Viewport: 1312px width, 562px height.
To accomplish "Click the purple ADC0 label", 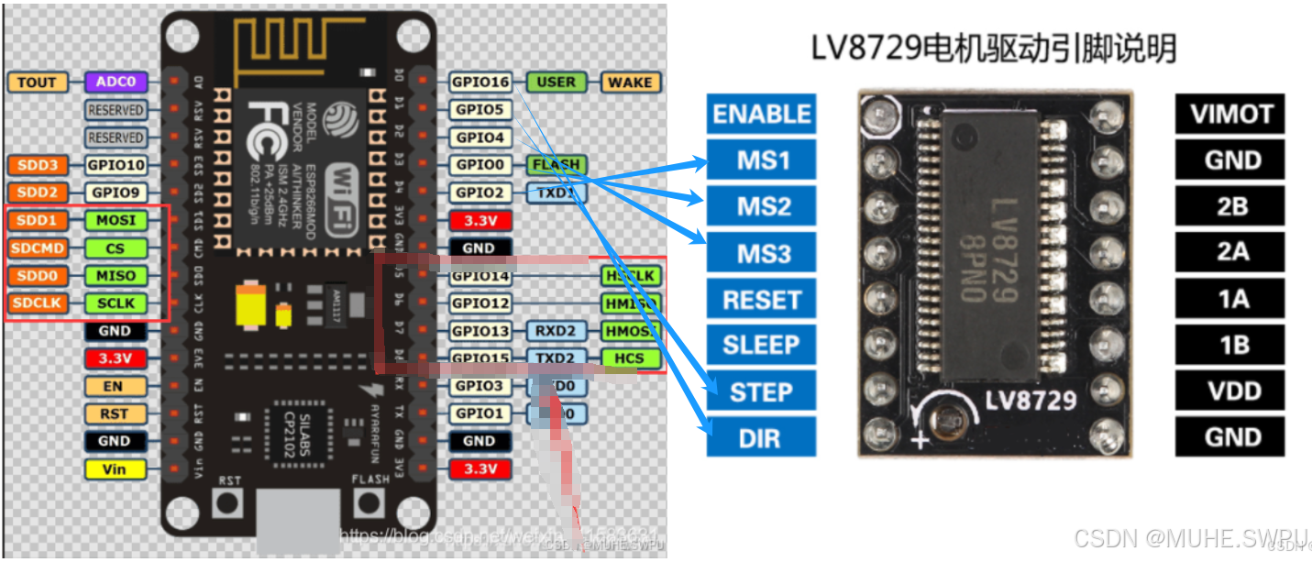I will click(x=116, y=83).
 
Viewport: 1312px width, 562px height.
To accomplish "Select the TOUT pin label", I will click(x=37, y=83).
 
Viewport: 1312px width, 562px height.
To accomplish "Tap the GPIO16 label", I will click(x=480, y=83).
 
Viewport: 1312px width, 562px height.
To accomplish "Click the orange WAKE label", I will click(x=630, y=83).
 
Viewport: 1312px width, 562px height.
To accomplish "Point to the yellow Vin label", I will click(x=115, y=469).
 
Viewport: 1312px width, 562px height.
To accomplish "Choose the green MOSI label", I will click(x=116, y=221).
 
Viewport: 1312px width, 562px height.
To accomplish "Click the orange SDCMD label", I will click(x=37, y=248).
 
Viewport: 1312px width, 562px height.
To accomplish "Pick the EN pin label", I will click(x=115, y=386).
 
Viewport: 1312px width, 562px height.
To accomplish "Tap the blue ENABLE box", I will click(x=761, y=115).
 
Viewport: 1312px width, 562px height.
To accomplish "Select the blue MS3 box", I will click(x=761, y=253).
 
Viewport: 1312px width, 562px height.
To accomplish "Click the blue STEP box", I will click(x=761, y=392).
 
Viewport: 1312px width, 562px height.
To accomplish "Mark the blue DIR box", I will click(x=761, y=438).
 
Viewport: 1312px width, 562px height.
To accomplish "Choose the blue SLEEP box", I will click(x=761, y=346).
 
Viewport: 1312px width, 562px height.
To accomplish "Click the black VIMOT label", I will click(x=1230, y=115).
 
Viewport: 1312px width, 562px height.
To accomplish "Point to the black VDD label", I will click(x=1230, y=391).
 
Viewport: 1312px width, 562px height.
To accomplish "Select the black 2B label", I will click(x=1230, y=206).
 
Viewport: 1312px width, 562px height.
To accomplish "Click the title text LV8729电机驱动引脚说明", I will click(x=993, y=49).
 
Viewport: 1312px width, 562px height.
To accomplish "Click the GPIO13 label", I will click(x=480, y=331).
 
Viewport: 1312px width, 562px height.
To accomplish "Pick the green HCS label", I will click(x=630, y=358).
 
